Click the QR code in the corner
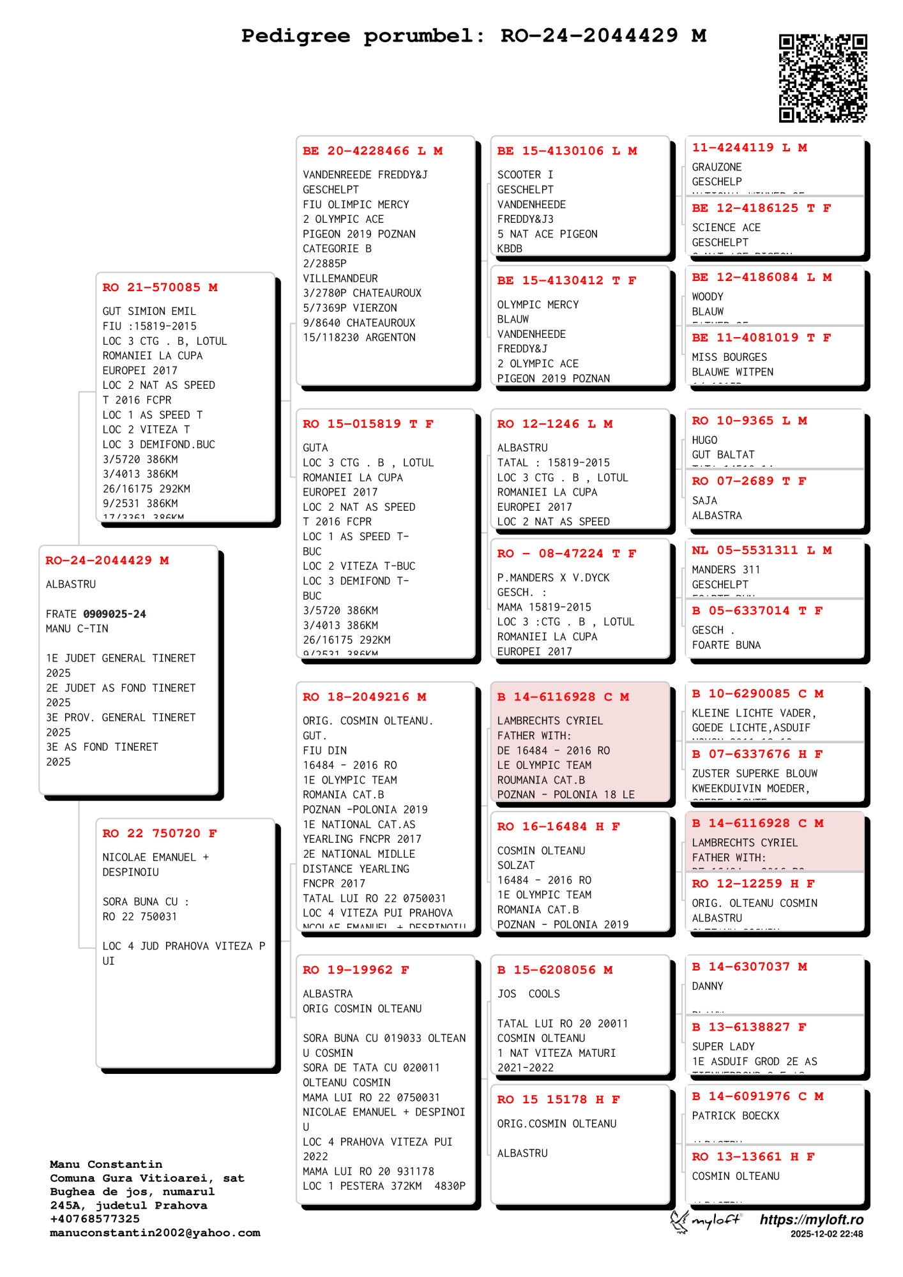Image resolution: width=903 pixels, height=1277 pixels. coord(823,78)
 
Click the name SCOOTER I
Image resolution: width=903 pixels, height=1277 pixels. coord(525,175)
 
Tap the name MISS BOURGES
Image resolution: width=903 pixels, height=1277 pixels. coord(729,358)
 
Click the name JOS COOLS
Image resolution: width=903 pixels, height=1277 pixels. coord(528,994)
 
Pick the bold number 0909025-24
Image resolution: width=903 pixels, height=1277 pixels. coord(114,614)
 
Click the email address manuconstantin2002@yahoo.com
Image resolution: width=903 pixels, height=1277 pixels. coord(155,1233)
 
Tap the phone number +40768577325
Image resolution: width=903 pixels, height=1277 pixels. coord(95,1219)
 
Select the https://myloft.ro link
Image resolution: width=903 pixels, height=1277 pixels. coord(811,1220)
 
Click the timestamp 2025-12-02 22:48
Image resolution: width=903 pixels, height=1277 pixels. coord(826,1234)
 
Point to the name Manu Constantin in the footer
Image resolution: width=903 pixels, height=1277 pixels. coord(106,1165)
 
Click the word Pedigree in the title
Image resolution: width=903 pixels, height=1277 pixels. coord(295,36)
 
